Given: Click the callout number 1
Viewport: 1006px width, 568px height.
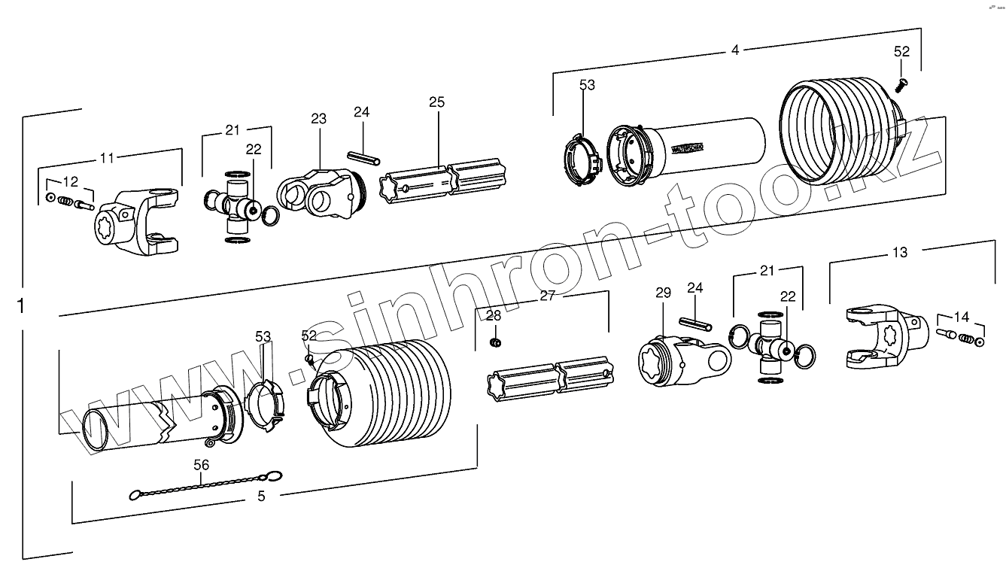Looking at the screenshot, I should (21, 307).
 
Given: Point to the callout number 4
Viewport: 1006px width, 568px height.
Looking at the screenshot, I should (735, 50).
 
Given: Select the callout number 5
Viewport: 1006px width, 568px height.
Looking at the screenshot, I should (261, 496).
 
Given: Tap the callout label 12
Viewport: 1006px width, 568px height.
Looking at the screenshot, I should (70, 181).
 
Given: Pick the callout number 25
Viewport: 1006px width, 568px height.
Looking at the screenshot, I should (437, 102).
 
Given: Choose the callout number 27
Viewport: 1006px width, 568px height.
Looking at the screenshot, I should (547, 296).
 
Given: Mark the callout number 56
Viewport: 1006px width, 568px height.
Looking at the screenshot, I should (201, 465).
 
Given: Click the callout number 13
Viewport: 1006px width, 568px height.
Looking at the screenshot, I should (900, 252).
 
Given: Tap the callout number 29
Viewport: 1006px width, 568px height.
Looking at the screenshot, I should (663, 293).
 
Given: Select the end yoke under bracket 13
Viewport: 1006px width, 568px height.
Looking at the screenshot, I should (880, 338).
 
